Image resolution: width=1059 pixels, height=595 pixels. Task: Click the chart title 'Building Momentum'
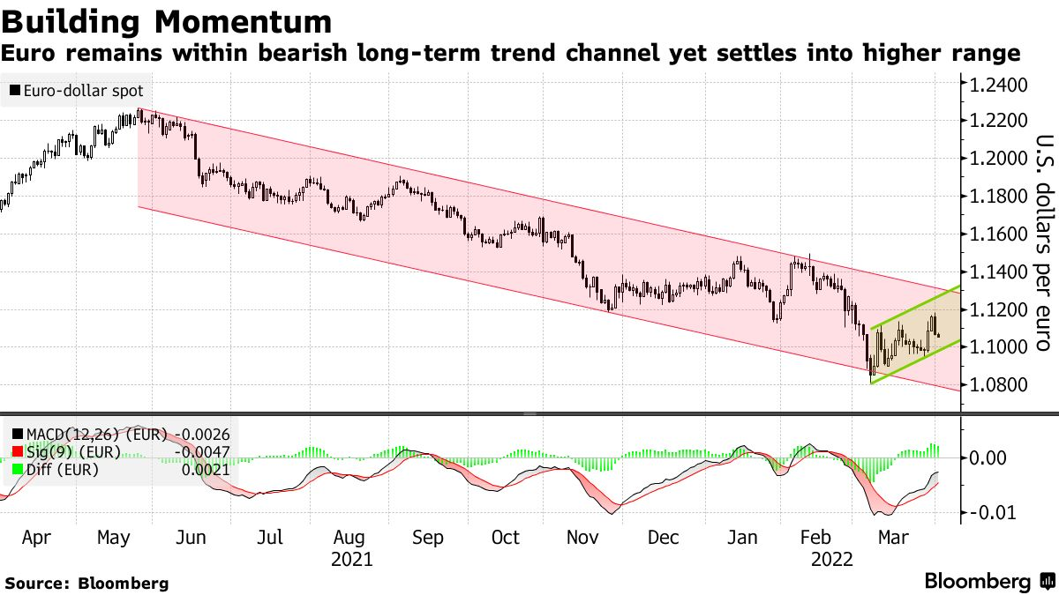click(x=168, y=20)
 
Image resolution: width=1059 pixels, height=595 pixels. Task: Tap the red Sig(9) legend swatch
click(x=17, y=452)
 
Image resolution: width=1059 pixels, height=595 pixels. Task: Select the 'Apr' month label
click(x=35, y=538)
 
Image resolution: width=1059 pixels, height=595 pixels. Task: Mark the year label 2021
click(x=350, y=559)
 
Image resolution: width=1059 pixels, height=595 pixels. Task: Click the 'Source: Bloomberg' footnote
click(x=86, y=583)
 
